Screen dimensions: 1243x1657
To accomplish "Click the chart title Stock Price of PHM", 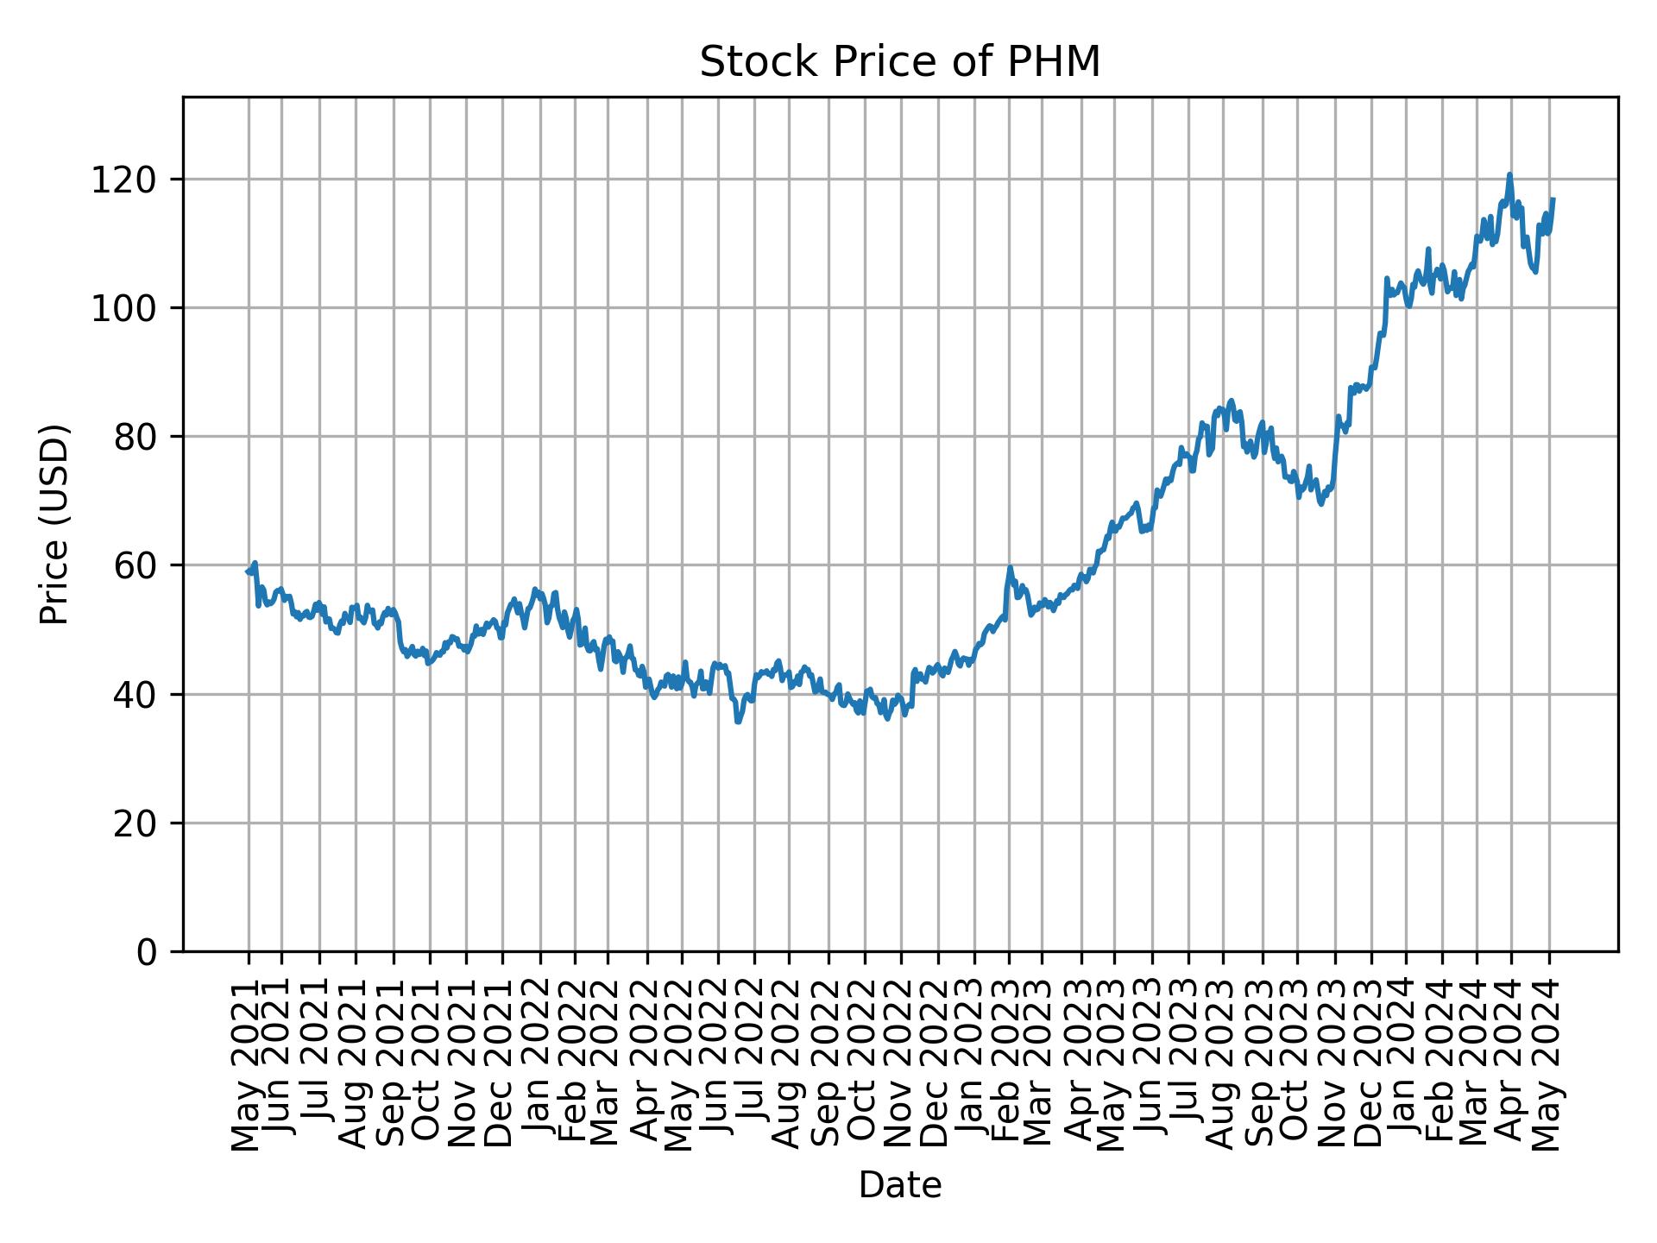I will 899,62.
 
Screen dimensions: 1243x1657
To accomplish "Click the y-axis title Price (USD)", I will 54,524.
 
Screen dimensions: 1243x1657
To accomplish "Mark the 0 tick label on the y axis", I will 148,951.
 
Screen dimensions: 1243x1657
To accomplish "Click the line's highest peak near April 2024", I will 1509,174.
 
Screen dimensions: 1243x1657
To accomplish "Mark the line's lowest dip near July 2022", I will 738,722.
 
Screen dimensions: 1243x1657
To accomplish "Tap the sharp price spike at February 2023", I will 1010,568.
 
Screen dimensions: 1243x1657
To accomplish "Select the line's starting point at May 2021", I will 248,571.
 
